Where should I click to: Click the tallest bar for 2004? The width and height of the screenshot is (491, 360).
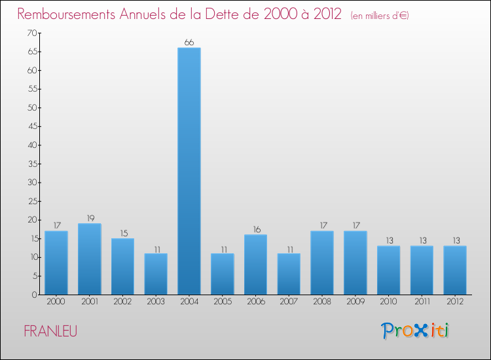coord(189,171)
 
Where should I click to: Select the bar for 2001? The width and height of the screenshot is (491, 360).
coord(89,259)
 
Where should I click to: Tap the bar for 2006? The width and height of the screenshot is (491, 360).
coord(255,264)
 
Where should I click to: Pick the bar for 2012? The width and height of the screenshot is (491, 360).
coord(455,270)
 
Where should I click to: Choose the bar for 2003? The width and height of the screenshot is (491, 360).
coord(156,274)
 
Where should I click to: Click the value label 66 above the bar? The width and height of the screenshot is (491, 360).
coord(189,43)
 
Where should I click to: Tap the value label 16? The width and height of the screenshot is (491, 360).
coord(255,230)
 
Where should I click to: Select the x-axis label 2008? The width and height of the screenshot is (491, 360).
coord(322,302)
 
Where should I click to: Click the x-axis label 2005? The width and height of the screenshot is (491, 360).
coord(222,302)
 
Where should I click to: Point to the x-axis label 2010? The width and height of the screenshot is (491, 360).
coord(388,302)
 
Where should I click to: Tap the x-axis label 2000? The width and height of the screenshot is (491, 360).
coord(56,302)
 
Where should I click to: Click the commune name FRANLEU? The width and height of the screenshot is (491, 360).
coord(50,332)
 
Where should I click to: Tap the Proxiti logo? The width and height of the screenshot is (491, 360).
coord(415,331)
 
